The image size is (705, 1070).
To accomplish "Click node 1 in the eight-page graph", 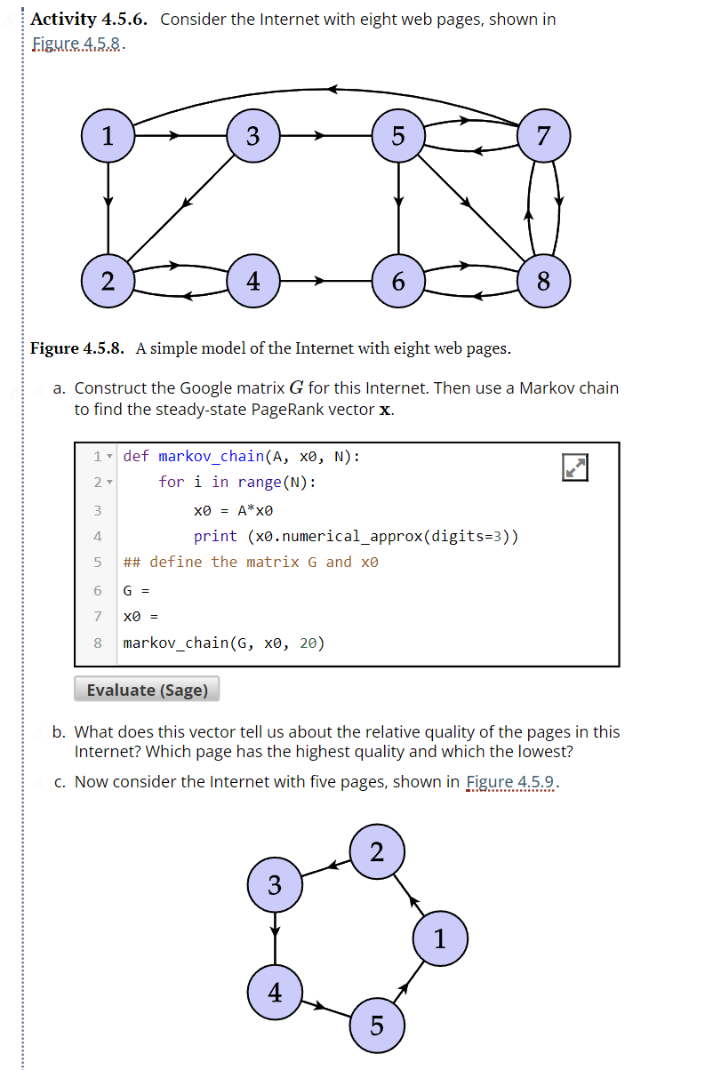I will [108, 136].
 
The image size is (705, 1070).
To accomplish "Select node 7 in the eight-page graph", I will [543, 136].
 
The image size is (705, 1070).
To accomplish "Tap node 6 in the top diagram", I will [398, 281].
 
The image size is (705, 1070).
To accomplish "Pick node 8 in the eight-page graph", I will [543, 281].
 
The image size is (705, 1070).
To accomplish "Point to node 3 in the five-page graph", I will [275, 885].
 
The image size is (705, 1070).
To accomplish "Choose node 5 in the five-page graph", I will [376, 1025].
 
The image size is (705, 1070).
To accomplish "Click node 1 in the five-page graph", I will [440, 938].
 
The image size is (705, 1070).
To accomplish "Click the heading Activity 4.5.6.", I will [89, 20].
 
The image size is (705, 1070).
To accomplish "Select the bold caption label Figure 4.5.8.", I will [78, 347].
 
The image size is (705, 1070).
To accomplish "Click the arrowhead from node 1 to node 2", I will [108, 202].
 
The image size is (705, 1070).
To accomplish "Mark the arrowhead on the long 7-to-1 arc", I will [333, 89].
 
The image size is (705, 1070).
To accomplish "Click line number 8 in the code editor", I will [98, 643].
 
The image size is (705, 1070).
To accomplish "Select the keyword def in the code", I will [136, 456].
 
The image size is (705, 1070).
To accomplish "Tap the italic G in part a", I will [296, 388].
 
